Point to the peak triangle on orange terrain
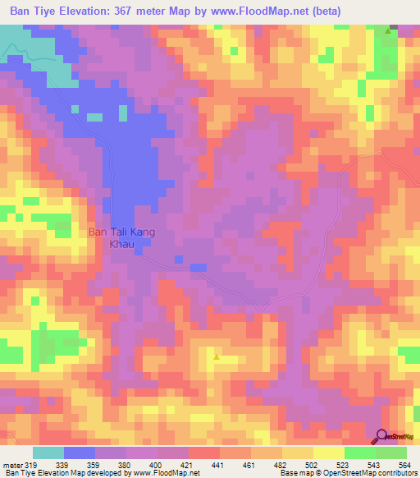[216, 357]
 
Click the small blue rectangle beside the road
[198, 268]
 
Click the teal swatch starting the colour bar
[48, 453]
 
